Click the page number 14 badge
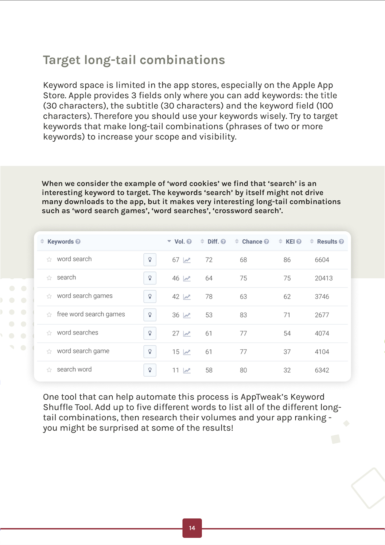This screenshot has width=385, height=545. tap(192, 528)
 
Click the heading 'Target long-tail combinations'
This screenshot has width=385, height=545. tap(134, 60)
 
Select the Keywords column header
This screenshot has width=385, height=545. tap(61, 242)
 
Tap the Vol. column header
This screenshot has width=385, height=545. tap(179, 242)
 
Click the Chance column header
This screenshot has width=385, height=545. tap(252, 242)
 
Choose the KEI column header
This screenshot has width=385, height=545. tap(290, 242)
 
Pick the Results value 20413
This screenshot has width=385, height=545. tap(323, 278)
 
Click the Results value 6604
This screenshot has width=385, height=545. tap(322, 260)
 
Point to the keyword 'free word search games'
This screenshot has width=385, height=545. tap(91, 314)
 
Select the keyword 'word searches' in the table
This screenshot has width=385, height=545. tap(77, 333)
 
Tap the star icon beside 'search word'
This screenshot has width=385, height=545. tap(49, 370)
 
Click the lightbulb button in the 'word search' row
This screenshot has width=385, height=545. tap(150, 260)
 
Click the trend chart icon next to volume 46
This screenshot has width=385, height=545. tap(187, 278)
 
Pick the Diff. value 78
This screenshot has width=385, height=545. tap(209, 297)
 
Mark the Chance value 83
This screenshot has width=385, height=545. tap(243, 315)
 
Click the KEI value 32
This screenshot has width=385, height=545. tap(287, 370)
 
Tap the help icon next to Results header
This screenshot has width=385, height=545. tap(341, 242)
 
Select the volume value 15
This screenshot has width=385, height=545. tap(176, 352)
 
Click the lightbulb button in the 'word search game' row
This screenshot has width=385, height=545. tap(150, 352)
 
